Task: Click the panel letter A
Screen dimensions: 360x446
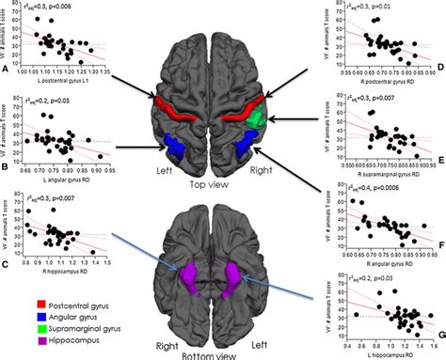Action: [x=7, y=68]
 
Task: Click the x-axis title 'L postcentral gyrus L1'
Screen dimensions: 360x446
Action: [x=65, y=80]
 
